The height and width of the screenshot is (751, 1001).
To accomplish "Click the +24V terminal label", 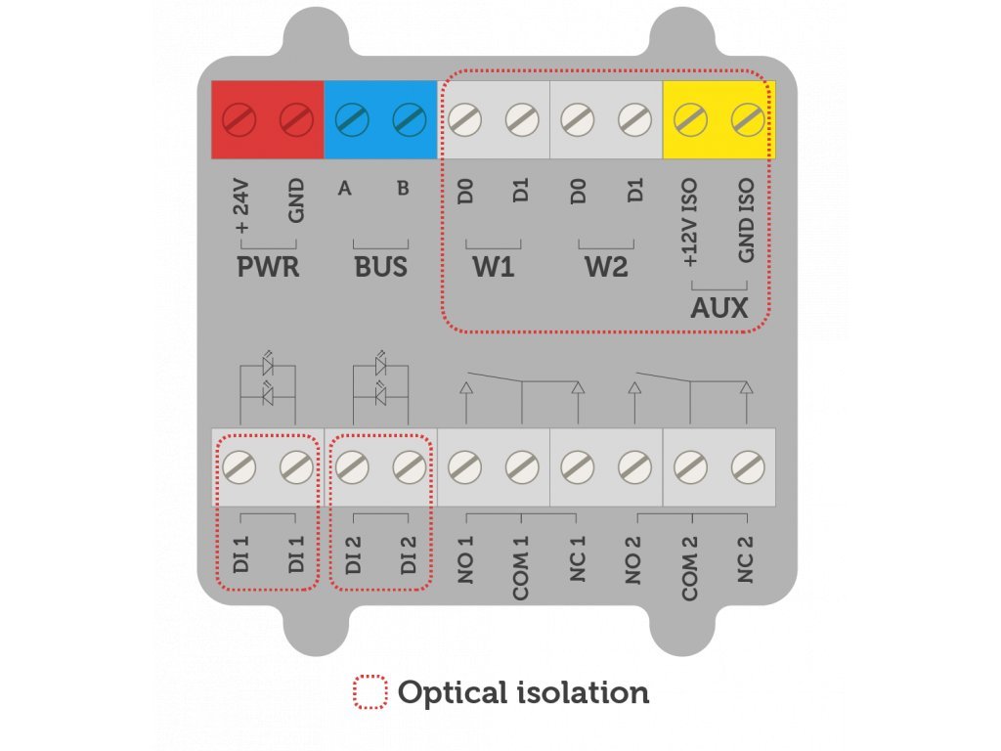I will click(x=240, y=207).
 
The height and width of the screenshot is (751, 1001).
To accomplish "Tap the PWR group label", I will click(x=268, y=266).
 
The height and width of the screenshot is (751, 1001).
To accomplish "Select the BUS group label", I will click(x=380, y=266).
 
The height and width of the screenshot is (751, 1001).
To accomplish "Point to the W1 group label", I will click(x=494, y=266).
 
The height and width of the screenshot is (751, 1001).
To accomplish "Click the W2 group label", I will click(x=606, y=266).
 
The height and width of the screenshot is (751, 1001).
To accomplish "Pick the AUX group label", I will click(x=718, y=309).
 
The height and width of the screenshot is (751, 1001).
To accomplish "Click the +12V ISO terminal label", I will click(x=690, y=224).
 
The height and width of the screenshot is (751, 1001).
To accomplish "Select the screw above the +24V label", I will click(x=239, y=120).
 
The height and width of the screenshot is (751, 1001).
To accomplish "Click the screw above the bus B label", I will click(x=409, y=120).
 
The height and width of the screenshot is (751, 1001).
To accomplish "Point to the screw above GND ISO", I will click(x=747, y=120).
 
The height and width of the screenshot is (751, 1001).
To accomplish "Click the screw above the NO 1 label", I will click(x=464, y=466).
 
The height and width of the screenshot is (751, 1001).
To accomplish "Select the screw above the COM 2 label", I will click(x=690, y=466).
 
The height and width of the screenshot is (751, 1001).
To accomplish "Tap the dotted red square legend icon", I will click(x=370, y=692).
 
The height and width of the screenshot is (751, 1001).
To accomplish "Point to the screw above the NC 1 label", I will click(x=578, y=466).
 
